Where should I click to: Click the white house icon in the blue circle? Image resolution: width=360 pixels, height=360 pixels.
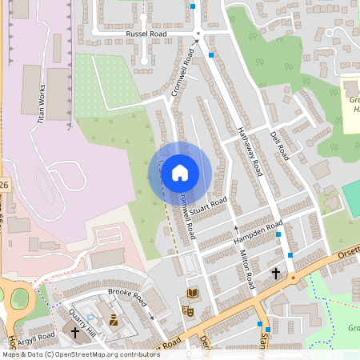[180, 173]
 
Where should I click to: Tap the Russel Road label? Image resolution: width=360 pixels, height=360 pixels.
[146, 35]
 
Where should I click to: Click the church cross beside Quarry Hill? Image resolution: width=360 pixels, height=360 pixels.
[76, 331]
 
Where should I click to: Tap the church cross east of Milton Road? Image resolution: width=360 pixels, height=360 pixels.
[276, 273]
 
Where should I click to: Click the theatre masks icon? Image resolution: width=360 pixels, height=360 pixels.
[190, 310]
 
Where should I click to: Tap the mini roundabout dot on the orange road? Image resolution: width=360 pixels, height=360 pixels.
[293, 278]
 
